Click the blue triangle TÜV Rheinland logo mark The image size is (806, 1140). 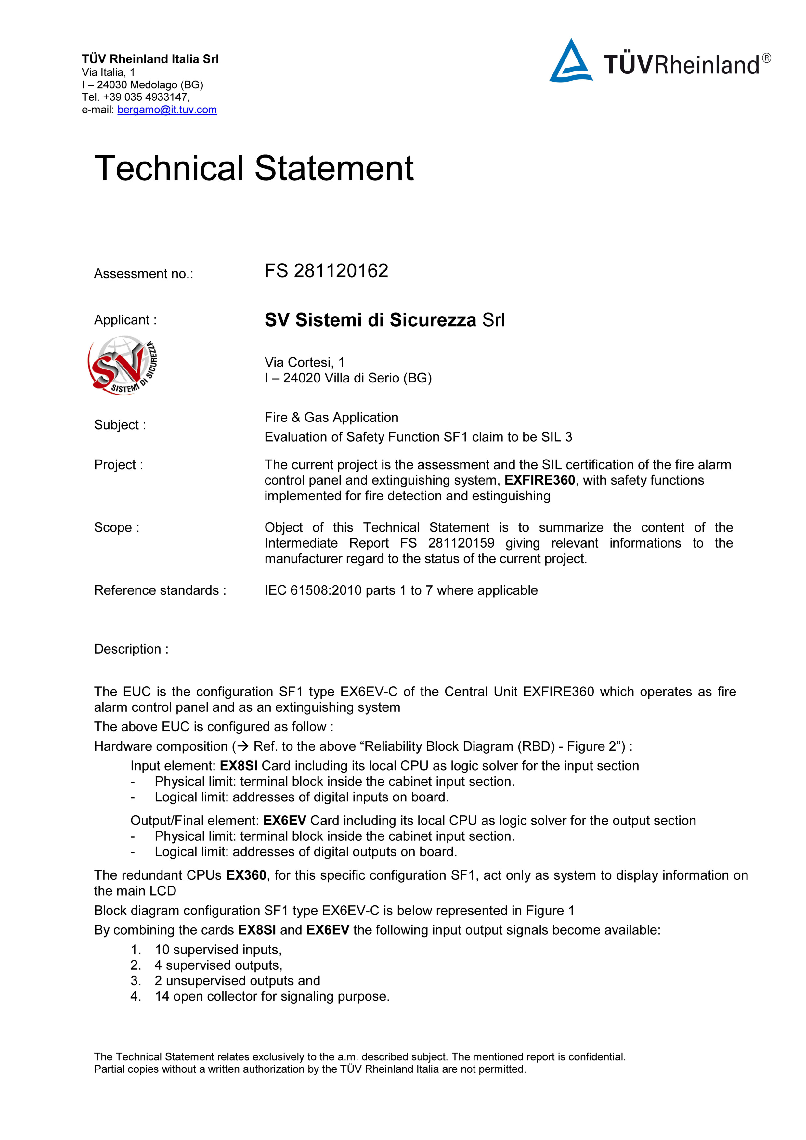[x=571, y=62]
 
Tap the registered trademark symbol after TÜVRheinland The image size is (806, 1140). [x=766, y=58]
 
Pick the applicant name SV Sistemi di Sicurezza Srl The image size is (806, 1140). [x=384, y=320]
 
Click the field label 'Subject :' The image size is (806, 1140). [x=120, y=425]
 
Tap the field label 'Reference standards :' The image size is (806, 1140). [x=160, y=590]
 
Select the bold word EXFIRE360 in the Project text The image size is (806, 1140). [x=539, y=480]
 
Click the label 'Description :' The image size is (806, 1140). [x=131, y=649]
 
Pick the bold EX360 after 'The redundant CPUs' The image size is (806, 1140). [x=246, y=875]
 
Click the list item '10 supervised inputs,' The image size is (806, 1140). [x=218, y=950]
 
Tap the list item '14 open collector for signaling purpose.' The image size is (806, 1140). [x=272, y=996]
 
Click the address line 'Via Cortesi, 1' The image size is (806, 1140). [x=305, y=362]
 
